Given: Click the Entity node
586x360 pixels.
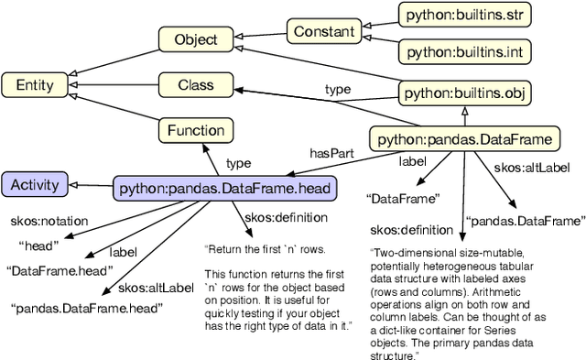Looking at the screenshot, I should tap(35, 86).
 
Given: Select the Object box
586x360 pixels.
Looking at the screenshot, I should tap(195, 39).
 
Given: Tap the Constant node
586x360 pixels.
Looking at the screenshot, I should tap(324, 31).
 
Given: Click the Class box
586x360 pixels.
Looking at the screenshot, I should tap(195, 86).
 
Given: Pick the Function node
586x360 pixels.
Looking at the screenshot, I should tap(195, 131).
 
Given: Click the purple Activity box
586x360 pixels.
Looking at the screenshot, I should tap(35, 185).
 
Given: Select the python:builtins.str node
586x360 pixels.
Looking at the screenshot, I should tap(464, 16).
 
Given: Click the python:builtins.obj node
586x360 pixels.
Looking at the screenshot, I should tap(465, 93).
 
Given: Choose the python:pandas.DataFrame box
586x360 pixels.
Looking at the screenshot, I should tap(464, 140).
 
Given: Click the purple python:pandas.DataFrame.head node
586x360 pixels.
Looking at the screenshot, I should tap(225, 189).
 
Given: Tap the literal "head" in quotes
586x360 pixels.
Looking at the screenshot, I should tap(38, 245).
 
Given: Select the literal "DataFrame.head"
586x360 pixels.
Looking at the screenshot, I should tap(60, 270).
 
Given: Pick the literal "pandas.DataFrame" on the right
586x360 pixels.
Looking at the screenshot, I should tap(524, 221).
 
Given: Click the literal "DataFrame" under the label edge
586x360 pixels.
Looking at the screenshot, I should tap(403, 197).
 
